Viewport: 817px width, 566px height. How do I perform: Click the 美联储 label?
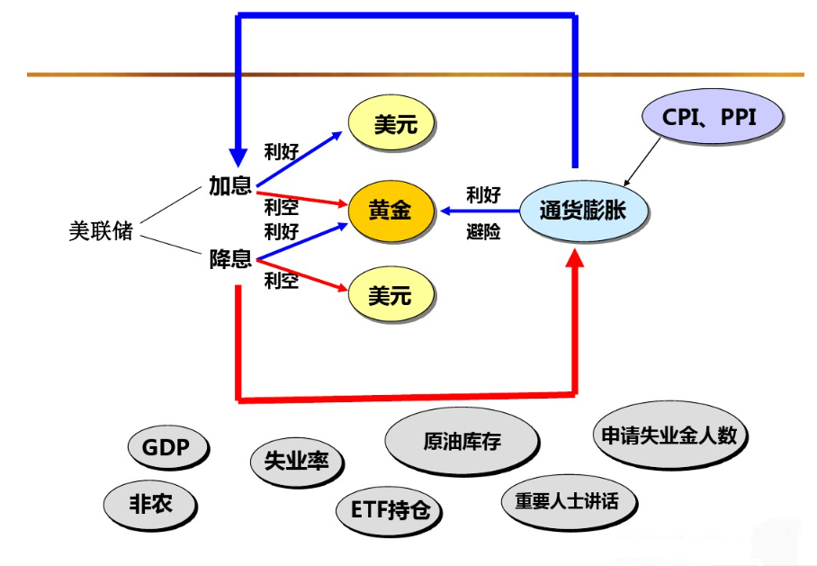point(101,231)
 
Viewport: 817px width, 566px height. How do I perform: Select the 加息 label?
point(229,187)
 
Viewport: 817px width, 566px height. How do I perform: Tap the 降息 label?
point(229,261)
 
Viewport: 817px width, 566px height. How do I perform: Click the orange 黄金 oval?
point(390,211)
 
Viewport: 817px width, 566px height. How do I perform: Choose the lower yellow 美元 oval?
point(390,294)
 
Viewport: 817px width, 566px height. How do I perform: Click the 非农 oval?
point(149,506)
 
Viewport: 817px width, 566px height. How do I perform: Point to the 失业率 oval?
point(296,462)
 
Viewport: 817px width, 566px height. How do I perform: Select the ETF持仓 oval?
point(390,511)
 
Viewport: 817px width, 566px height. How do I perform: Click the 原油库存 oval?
point(462,442)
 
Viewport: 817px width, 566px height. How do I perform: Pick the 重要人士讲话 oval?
point(567,501)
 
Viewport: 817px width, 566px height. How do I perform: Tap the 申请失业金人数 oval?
point(670,436)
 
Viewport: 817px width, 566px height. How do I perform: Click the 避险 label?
point(483,232)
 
